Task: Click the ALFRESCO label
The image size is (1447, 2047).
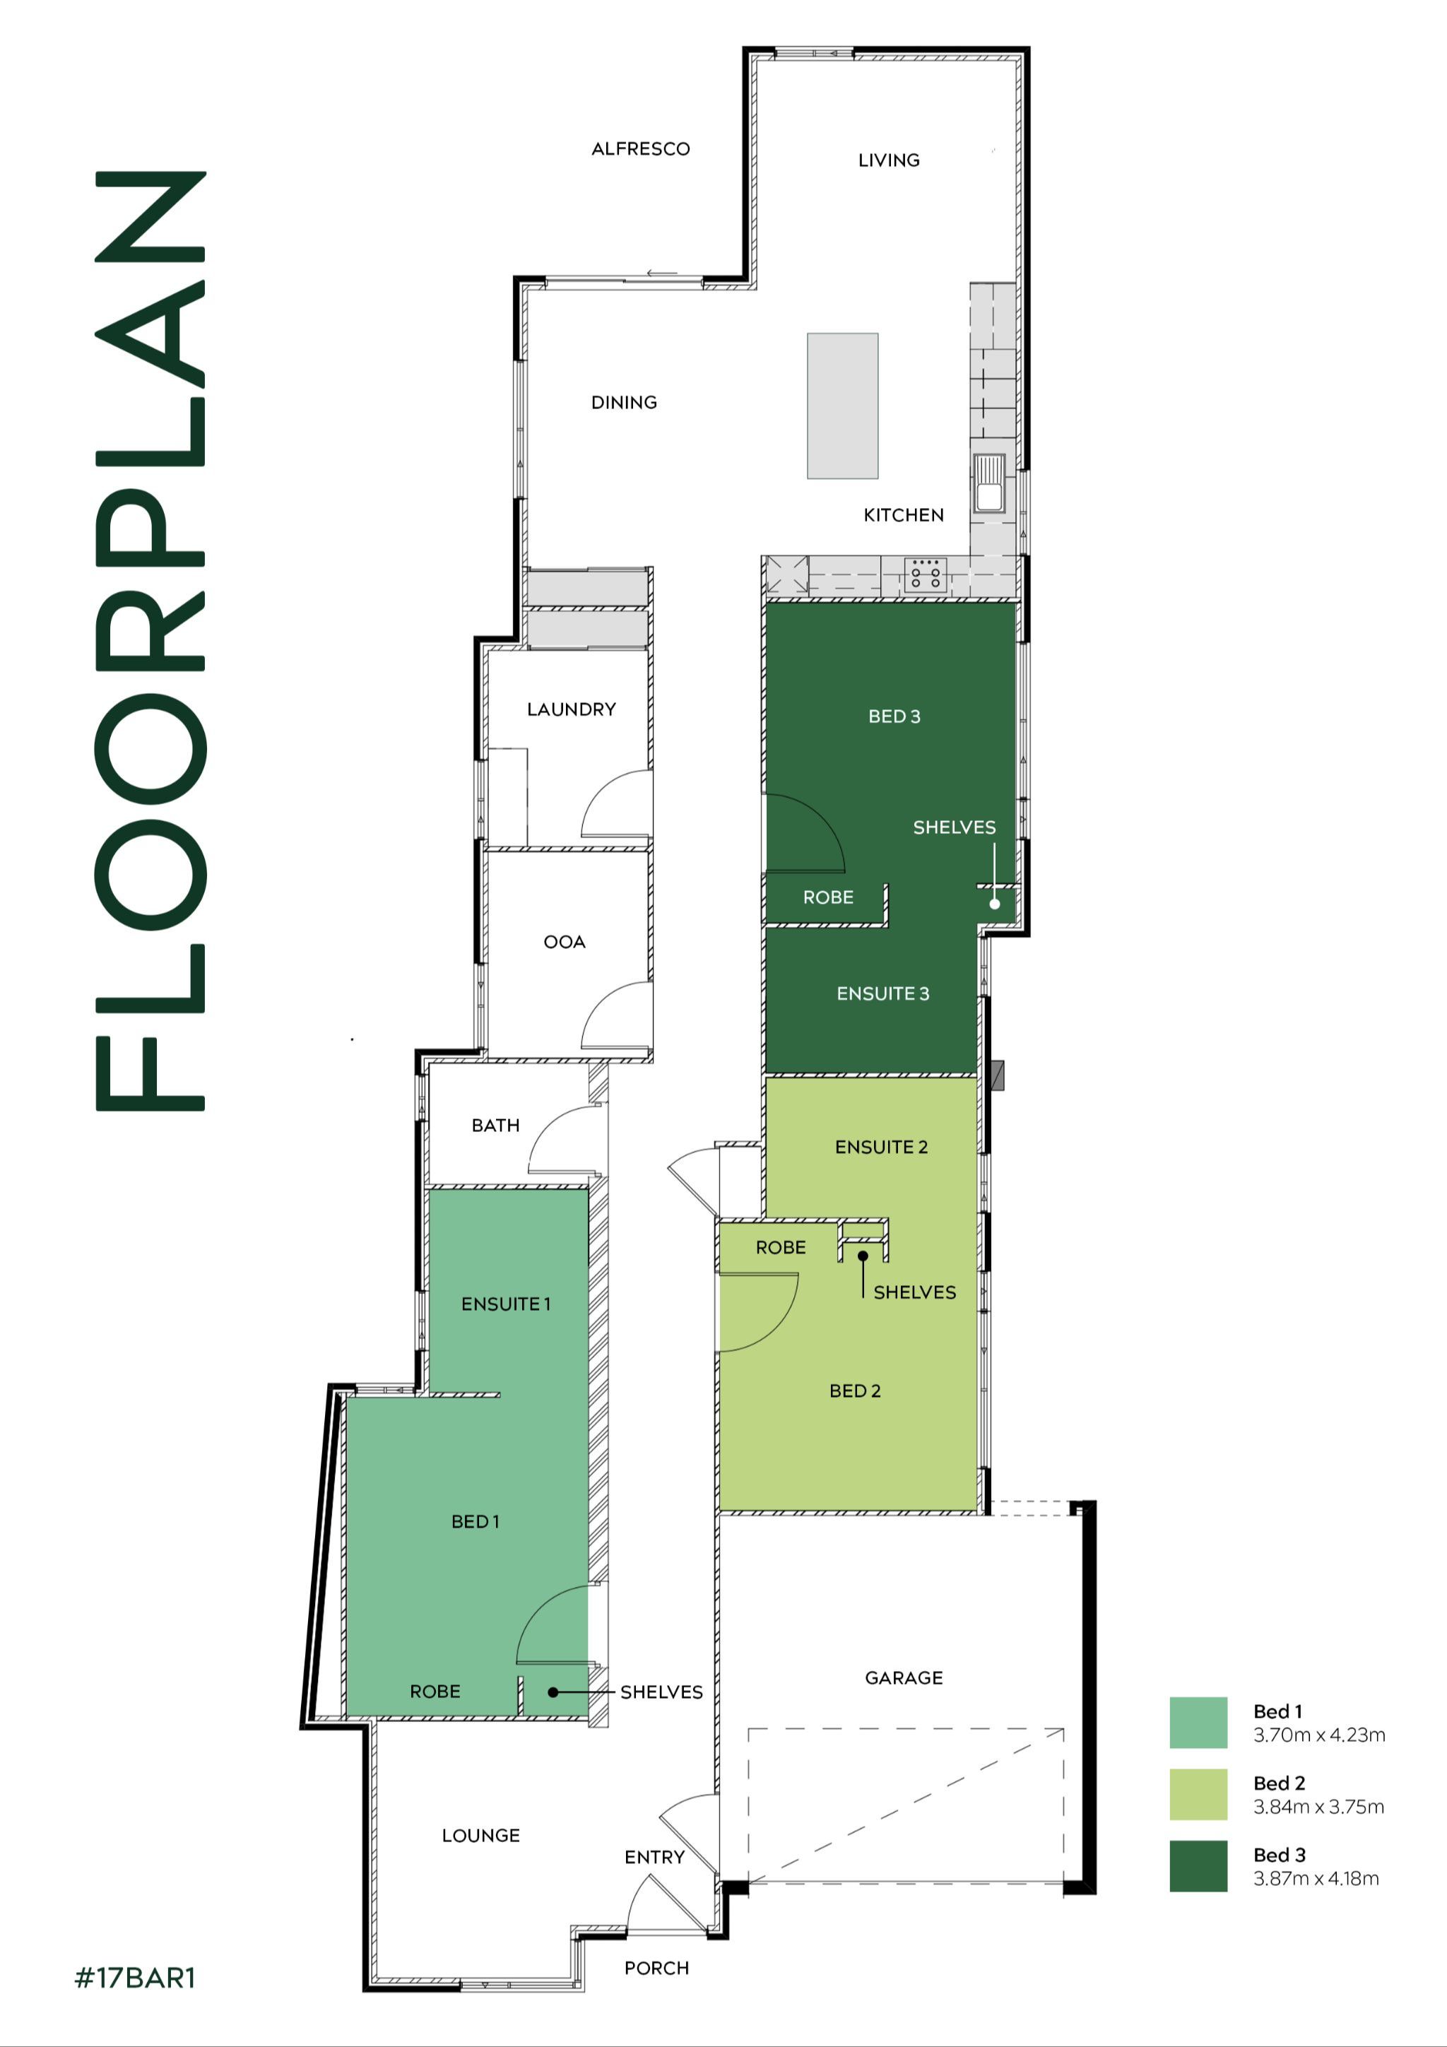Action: coord(640,149)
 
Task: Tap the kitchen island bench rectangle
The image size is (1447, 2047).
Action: coord(841,406)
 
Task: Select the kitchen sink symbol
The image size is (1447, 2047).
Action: coord(988,483)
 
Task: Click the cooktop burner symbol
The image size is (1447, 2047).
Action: coord(926,575)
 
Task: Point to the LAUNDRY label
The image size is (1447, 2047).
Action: coord(571,709)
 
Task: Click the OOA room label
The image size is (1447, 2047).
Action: coord(565,943)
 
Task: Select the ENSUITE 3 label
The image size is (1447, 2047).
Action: coord(882,994)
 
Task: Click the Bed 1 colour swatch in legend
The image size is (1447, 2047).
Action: coord(1198,1723)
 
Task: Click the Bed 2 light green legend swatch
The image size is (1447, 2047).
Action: coord(1198,1794)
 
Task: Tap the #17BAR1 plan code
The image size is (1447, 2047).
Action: coord(135,1978)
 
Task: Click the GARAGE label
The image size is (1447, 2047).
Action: coord(903,1678)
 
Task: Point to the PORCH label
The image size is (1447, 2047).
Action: coord(656,1969)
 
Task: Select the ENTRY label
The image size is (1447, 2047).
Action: coord(654,1857)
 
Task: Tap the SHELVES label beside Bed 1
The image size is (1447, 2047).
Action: coord(661,1692)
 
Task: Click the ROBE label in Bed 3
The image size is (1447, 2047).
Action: coord(827,898)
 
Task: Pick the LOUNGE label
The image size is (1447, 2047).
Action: coord(480,1836)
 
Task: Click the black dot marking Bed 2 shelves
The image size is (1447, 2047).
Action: coord(862,1256)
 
